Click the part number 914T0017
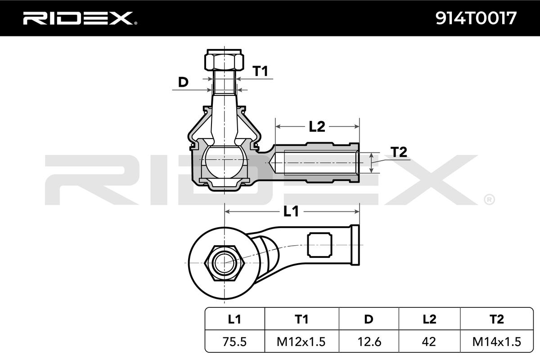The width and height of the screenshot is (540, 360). tap(476, 18)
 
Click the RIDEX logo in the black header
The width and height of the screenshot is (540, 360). tap(80, 18)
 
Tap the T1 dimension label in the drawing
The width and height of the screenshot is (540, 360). tap(260, 71)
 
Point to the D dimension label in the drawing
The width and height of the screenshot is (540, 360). tap(183, 82)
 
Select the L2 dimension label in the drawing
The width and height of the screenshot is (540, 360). tap(317, 126)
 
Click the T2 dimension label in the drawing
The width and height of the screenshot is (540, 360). tap(399, 152)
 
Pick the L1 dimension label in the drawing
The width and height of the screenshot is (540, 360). tap(291, 211)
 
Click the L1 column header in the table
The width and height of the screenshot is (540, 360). tap(234, 319)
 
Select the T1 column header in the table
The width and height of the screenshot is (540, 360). tap(301, 319)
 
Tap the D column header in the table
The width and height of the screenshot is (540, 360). tap(369, 319)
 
